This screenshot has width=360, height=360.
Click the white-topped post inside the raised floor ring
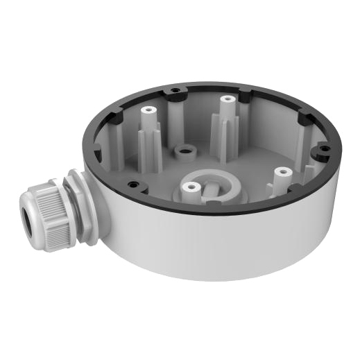pyautogui.click(x=191, y=187)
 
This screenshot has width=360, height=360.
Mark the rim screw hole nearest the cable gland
pyautogui.click(x=133, y=185)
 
